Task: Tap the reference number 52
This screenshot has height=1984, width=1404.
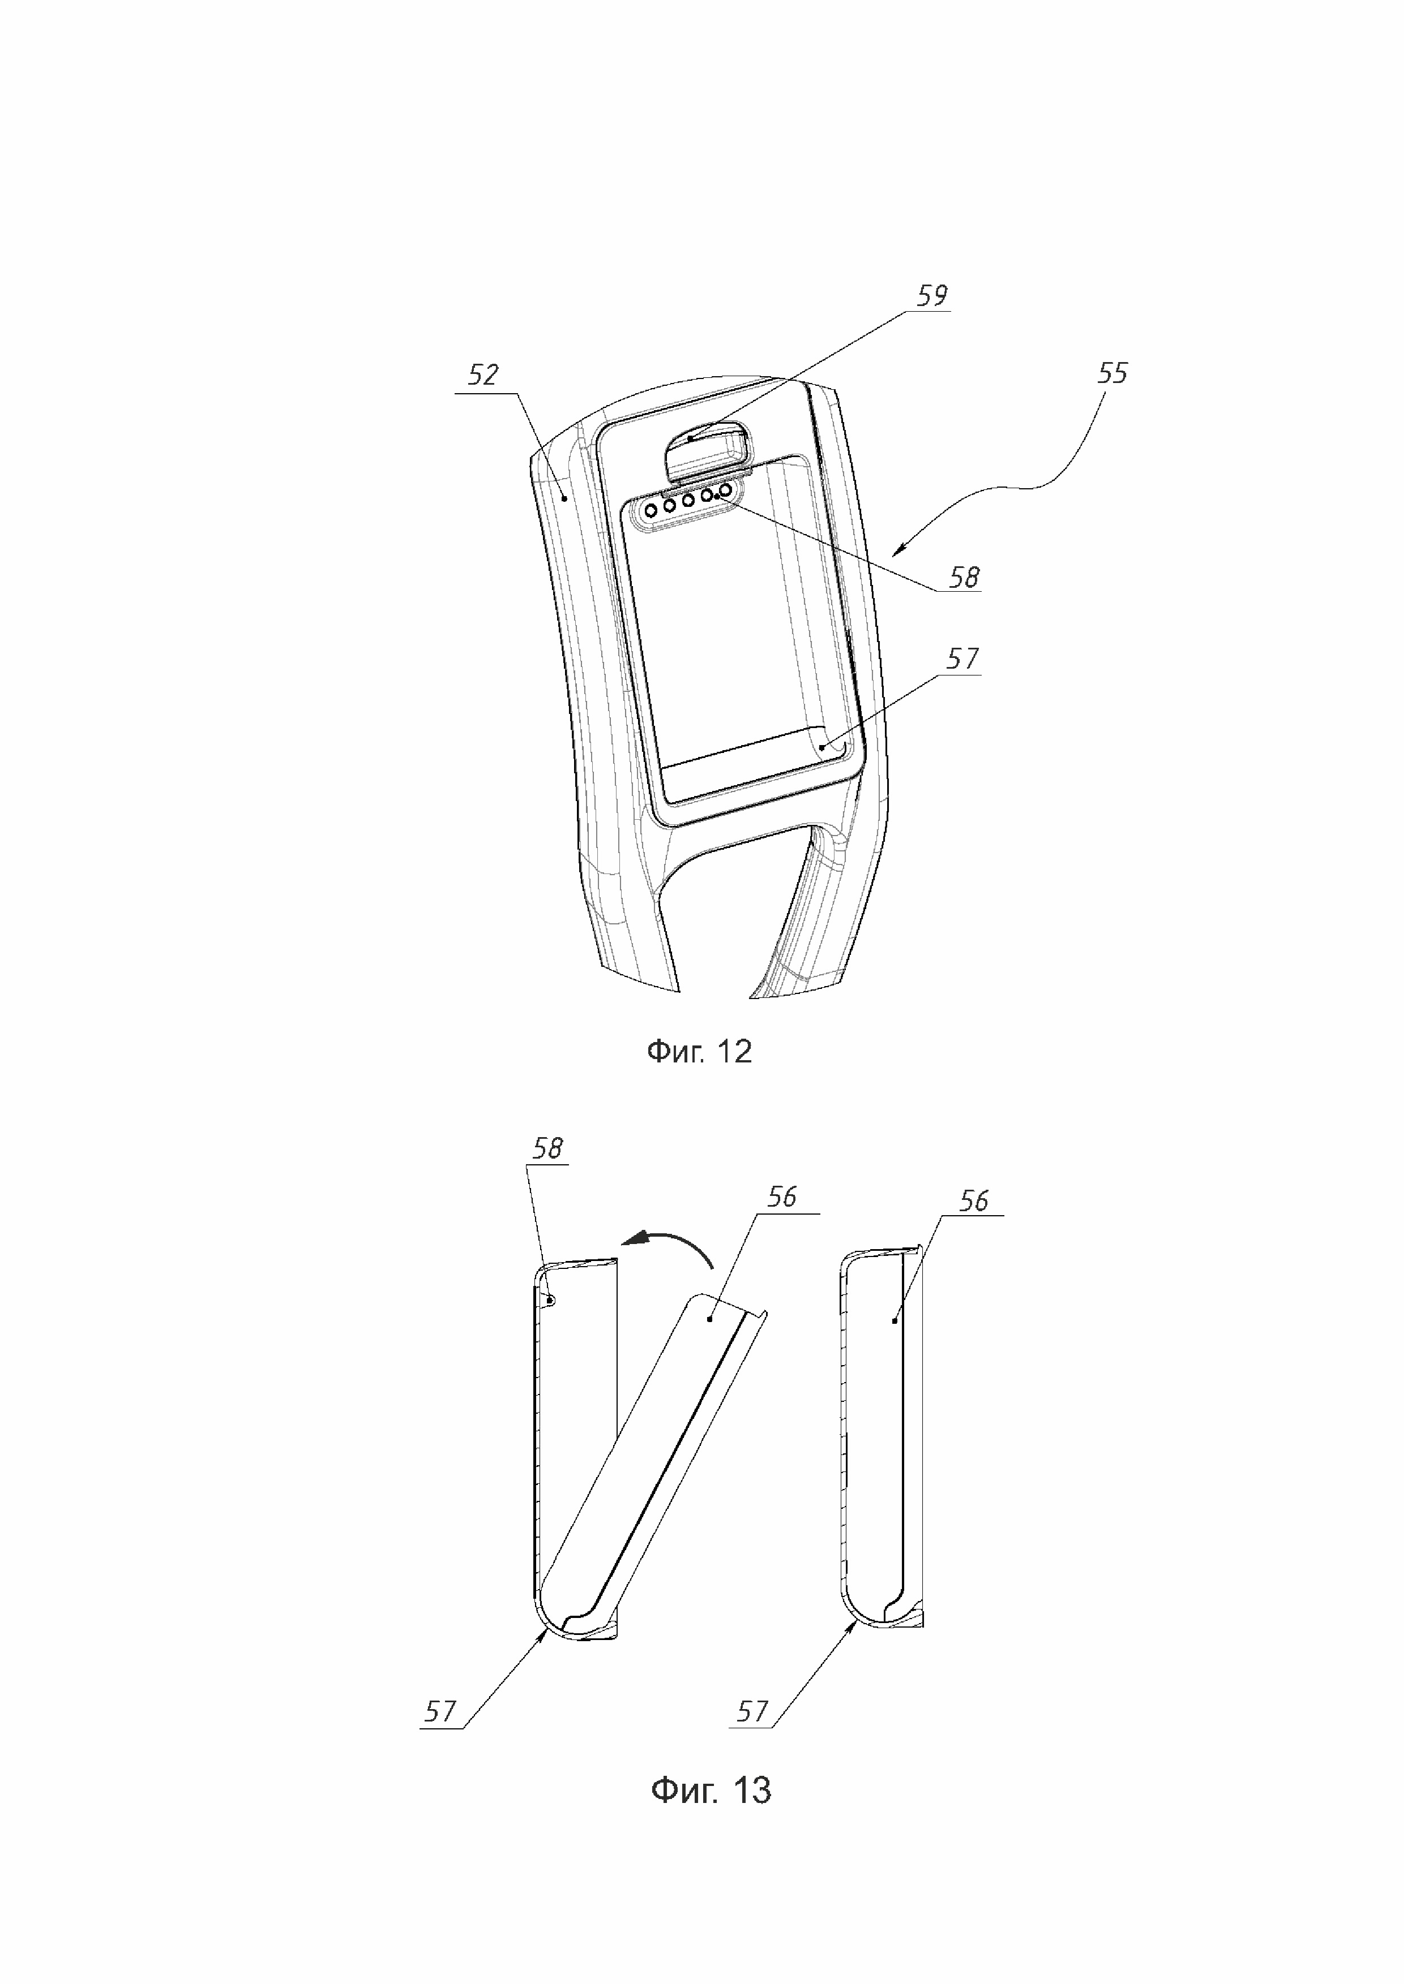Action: click(x=483, y=375)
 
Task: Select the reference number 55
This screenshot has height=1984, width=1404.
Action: click(x=1112, y=373)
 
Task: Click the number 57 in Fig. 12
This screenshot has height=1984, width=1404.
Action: click(x=962, y=659)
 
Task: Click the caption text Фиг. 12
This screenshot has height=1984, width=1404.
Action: click(x=699, y=1052)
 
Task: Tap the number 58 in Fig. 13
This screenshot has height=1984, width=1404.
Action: click(x=548, y=1148)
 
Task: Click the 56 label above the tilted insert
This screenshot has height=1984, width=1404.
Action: click(x=781, y=1197)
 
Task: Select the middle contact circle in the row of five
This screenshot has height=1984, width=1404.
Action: click(x=688, y=501)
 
